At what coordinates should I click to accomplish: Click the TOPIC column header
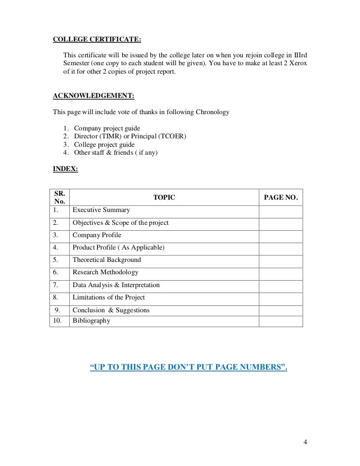coord(164,198)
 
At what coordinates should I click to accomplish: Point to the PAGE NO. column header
coord(281,198)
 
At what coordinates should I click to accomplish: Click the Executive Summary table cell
coord(101,210)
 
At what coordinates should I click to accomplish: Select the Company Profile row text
coord(97,235)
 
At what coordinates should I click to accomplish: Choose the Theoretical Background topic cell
coord(107,260)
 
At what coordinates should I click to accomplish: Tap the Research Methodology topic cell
coord(105,272)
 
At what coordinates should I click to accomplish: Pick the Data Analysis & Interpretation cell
coord(116,285)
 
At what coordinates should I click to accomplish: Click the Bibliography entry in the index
coord(91,320)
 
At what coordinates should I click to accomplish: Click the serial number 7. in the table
coord(56,285)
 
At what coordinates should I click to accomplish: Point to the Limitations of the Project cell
coord(109,297)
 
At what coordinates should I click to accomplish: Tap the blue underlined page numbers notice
coord(188,368)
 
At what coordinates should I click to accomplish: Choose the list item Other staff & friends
coord(115,153)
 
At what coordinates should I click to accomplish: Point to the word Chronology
coord(211,112)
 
